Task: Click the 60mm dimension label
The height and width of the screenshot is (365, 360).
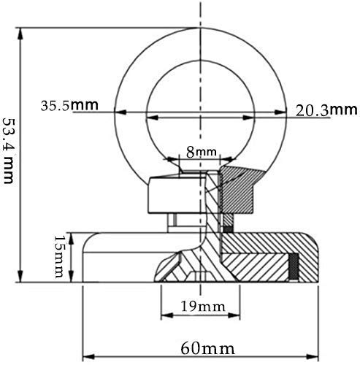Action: click(207, 348)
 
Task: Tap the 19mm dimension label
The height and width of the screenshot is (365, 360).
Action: click(203, 307)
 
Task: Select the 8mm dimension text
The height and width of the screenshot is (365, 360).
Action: click(202, 152)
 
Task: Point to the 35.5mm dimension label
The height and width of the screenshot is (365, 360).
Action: click(69, 105)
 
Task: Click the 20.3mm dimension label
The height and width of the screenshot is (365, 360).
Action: click(326, 110)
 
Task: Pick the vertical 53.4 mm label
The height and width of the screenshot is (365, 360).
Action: click(9, 151)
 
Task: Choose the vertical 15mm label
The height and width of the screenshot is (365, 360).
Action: click(58, 257)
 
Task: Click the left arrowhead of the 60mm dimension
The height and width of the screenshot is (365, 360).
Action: click(88, 357)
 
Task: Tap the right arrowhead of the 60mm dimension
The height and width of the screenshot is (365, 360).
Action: click(313, 357)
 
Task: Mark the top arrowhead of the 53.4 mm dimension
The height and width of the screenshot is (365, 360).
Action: click(20, 34)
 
